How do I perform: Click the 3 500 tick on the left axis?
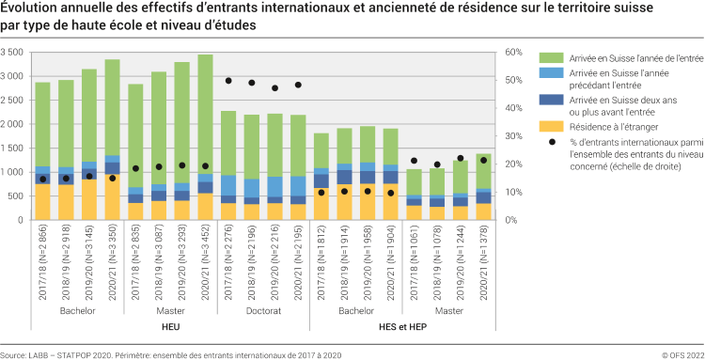pyautogui.click(x=16, y=52)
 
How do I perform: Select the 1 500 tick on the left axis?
pyautogui.click(x=16, y=149)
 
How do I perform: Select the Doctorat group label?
pyautogui.click(x=262, y=309)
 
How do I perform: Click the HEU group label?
pyautogui.click(x=170, y=325)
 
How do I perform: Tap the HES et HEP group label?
pyautogui.click(x=401, y=325)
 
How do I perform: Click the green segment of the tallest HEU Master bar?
pyautogui.click(x=206, y=113)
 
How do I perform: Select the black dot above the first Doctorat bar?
pyautogui.click(x=228, y=81)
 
